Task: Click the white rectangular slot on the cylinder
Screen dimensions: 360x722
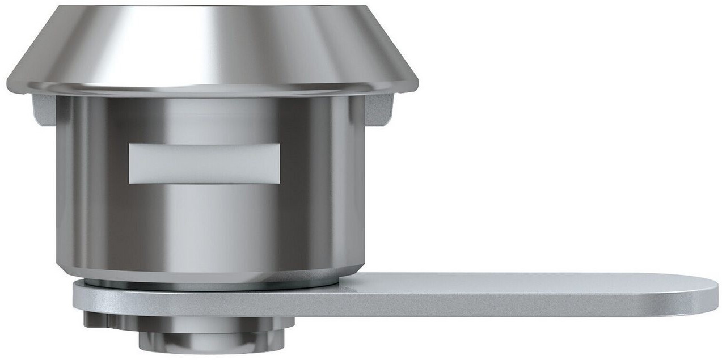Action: click(x=204, y=164)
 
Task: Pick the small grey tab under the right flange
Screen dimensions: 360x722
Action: click(x=379, y=109)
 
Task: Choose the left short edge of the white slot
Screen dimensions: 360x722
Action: click(x=130, y=164)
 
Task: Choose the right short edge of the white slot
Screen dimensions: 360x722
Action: click(x=279, y=164)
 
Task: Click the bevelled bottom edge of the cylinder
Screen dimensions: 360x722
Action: click(x=210, y=271)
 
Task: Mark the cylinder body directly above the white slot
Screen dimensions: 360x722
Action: click(x=204, y=122)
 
